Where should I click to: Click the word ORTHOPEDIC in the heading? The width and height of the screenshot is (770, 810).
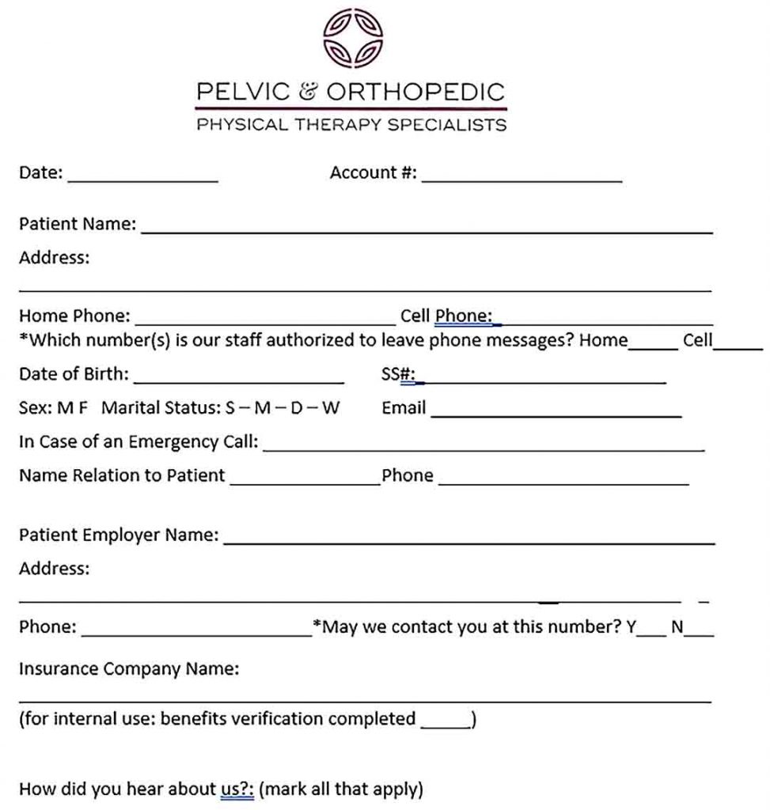point(415,92)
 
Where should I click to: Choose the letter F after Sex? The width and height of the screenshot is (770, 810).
point(84,409)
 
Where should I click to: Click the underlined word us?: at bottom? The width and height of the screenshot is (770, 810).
point(237,789)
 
